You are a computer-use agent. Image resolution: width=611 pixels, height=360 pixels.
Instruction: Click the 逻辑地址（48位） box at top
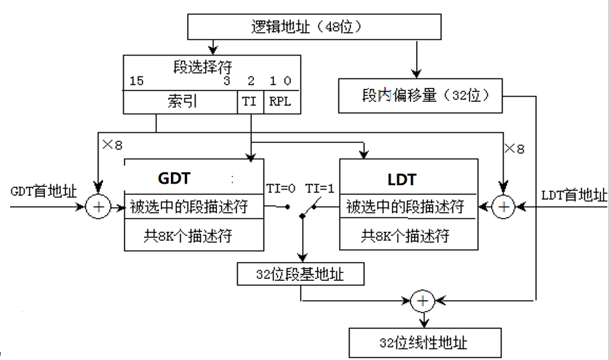click(314, 27)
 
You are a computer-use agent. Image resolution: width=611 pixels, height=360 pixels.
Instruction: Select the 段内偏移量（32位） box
click(420, 96)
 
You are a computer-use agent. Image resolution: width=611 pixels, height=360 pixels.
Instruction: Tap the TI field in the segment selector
click(250, 102)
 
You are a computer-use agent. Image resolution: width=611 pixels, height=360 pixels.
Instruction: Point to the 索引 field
click(180, 102)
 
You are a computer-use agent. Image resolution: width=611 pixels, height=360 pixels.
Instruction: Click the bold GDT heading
click(174, 178)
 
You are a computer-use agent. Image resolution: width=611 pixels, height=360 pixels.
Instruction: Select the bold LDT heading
click(402, 180)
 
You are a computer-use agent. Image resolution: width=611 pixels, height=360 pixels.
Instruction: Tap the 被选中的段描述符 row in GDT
click(194, 206)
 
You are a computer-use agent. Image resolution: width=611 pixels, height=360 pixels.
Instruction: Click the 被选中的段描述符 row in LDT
click(409, 206)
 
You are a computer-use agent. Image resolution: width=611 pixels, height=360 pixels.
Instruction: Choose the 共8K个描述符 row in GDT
click(194, 235)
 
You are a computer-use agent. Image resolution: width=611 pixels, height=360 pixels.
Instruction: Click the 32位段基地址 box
click(300, 274)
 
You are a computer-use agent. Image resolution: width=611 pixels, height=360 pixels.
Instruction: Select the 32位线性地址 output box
click(425, 343)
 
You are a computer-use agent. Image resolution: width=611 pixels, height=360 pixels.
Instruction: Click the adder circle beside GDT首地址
click(98, 206)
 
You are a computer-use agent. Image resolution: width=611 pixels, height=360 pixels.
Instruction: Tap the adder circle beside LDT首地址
click(504, 206)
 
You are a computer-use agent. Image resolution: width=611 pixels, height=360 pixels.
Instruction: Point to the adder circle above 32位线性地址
click(423, 301)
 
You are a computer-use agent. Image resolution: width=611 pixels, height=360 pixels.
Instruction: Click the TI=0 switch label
click(281, 189)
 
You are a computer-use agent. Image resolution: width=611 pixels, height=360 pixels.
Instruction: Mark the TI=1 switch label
click(320, 189)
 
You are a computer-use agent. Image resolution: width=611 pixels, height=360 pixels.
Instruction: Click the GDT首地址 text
click(44, 192)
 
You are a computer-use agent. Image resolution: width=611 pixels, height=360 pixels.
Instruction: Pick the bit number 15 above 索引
click(137, 81)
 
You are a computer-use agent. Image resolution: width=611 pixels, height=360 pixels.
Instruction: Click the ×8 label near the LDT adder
click(515, 149)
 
